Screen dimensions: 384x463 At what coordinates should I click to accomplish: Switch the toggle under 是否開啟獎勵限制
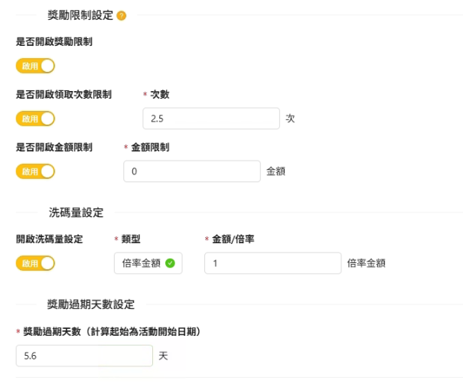(x=35, y=66)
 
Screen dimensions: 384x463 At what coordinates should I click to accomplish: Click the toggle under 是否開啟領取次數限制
(x=35, y=119)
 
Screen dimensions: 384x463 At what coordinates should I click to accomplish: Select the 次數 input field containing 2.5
(x=211, y=119)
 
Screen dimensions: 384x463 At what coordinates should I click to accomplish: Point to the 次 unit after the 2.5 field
(x=290, y=119)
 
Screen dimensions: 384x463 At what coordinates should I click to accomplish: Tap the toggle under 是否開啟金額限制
(x=35, y=171)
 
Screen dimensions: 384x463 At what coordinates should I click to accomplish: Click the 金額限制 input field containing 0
(x=192, y=171)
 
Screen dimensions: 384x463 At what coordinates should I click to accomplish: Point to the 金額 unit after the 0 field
(x=276, y=171)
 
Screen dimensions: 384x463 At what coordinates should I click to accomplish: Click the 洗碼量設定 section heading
(x=75, y=212)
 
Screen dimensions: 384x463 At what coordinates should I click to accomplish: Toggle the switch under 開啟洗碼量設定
(x=35, y=263)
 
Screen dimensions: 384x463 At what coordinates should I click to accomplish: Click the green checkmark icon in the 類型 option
(x=169, y=263)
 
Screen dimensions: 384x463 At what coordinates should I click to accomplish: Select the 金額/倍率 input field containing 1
(x=272, y=263)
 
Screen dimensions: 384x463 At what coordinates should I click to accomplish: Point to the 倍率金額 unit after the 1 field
(x=366, y=263)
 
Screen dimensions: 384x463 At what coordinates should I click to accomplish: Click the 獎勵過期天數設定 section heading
(x=90, y=304)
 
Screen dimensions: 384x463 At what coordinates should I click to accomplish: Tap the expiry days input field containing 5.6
(x=84, y=356)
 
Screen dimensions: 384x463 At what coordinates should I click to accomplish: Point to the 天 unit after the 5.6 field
(x=163, y=356)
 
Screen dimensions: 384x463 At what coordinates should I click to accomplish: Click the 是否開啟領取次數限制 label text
(x=64, y=95)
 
